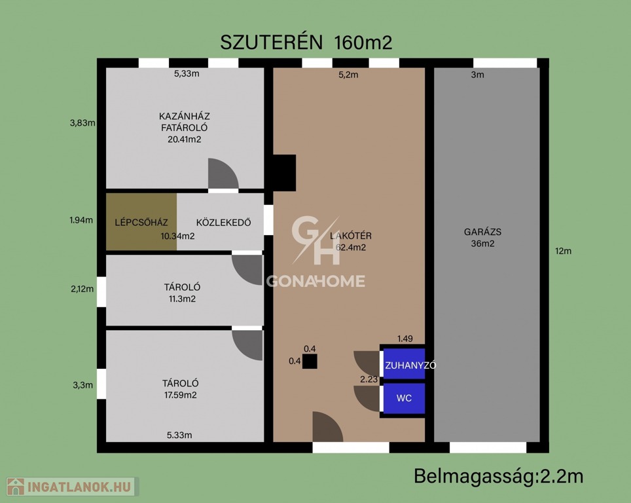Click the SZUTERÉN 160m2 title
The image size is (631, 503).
click(306, 43)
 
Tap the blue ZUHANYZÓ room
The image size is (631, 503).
click(404, 363)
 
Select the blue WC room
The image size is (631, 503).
click(404, 398)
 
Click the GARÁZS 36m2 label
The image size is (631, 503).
click(482, 238)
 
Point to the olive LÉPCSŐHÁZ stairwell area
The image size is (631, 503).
click(141, 222)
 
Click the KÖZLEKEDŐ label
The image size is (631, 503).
click(223, 222)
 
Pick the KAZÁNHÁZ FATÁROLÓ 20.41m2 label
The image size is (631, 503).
click(185, 128)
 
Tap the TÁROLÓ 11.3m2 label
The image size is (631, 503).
click(182, 293)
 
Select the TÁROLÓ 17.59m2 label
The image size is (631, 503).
click(180, 389)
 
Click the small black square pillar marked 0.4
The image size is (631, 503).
click(310, 362)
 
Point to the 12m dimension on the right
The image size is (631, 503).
click(563, 251)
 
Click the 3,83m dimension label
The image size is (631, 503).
click(82, 123)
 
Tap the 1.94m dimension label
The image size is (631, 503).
click(81, 220)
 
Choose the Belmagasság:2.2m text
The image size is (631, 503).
click(499, 476)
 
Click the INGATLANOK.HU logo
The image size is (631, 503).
click(73, 487)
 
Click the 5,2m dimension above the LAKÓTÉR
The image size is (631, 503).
click(348, 75)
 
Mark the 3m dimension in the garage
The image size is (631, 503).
click(478, 75)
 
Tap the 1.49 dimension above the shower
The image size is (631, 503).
click(405, 339)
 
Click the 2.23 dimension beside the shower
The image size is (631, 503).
click(369, 379)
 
